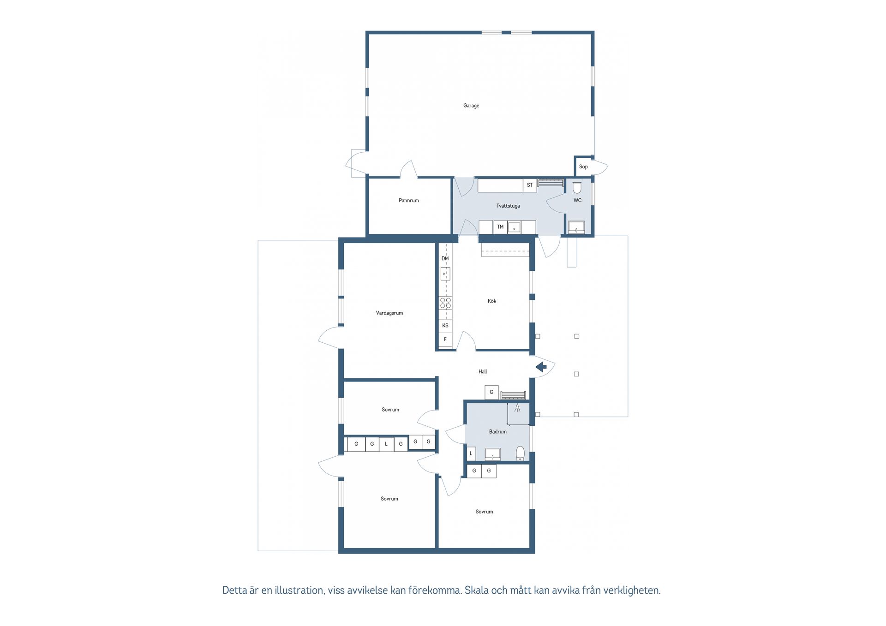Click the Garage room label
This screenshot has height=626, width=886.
point(471,106)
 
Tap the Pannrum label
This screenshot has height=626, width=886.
point(409,200)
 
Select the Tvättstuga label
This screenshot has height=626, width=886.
point(508,206)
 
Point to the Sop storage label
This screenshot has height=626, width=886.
point(583,167)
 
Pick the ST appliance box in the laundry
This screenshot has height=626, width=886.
point(530,185)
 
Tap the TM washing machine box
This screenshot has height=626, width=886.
point(500,227)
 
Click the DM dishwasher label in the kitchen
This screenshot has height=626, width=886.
point(445,258)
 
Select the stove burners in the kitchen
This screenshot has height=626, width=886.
point(445,303)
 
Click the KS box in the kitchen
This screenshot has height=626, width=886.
point(445,325)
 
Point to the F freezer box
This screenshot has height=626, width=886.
point(445,339)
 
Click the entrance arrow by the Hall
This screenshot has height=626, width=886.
point(541,367)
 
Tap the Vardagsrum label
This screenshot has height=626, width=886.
point(389,313)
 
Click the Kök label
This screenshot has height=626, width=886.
point(492,301)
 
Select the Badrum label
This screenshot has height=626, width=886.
point(498,432)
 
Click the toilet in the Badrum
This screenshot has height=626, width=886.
point(520,453)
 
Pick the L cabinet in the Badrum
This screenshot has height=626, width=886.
point(471,453)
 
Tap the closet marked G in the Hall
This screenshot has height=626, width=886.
point(491,392)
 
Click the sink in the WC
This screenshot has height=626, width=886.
point(576,227)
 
